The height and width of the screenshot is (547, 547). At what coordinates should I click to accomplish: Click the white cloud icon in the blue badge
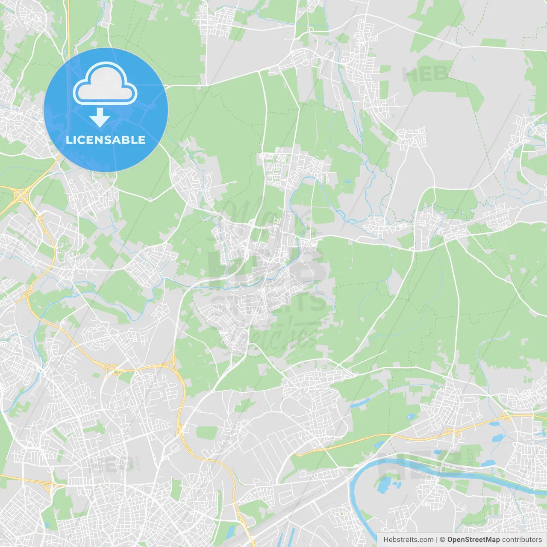105,84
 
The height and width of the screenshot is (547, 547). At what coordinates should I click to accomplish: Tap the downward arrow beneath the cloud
100,118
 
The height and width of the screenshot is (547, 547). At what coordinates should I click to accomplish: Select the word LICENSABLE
106,140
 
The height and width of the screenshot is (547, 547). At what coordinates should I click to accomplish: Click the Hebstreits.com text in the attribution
408,540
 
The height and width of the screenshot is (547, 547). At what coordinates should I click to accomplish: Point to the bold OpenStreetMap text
473,540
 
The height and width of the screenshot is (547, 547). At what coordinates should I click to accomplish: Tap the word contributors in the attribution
522,540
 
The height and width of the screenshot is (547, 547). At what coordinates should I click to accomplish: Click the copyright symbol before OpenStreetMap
442,540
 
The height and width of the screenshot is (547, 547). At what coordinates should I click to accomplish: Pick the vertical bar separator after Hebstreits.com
437,540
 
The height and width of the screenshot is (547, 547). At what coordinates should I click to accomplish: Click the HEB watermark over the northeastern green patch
425,74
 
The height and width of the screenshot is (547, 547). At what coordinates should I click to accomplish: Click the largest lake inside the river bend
384,485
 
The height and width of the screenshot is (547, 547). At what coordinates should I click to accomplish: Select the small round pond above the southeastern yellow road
411,416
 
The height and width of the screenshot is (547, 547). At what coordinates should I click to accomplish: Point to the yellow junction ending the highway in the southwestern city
51,485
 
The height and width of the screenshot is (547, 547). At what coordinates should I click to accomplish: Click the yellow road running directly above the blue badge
68,26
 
